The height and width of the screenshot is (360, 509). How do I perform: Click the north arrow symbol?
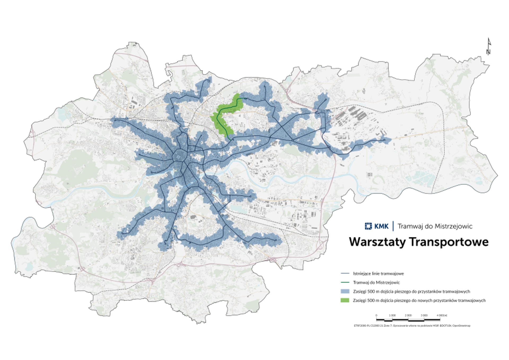pyautogui.click(x=489, y=46)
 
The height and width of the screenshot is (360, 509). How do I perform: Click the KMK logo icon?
pyautogui.click(x=368, y=226)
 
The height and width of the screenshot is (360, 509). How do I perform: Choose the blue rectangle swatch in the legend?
pyautogui.click(x=345, y=291)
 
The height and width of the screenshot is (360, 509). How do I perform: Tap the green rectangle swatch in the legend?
pyautogui.click(x=345, y=300)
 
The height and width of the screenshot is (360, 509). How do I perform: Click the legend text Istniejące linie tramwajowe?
pyautogui.click(x=378, y=273)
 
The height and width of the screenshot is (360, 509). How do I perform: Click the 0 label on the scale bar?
pyautogui.click(x=376, y=315)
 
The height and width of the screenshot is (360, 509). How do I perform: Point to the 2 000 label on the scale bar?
pyautogui.click(x=408, y=315)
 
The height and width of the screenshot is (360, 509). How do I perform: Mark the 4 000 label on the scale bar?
pyautogui.click(x=442, y=315)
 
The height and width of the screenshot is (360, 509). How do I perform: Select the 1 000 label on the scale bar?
pyautogui.click(x=392, y=315)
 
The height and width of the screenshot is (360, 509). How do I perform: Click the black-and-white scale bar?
pyautogui.click(x=408, y=320)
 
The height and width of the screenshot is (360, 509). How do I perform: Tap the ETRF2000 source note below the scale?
pyautogui.click(x=412, y=326)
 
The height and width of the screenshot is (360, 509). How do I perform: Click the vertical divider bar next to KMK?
pyautogui.click(x=393, y=226)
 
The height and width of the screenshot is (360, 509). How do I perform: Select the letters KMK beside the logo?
pyautogui.click(x=381, y=226)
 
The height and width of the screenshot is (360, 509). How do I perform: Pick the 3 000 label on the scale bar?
pyautogui.click(x=424, y=315)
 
